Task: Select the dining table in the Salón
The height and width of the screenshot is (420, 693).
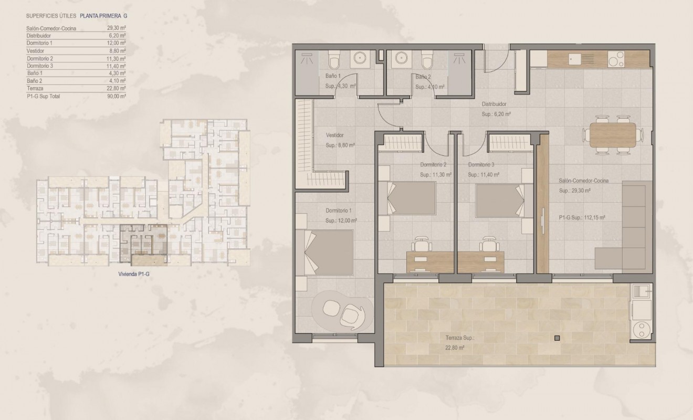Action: tap(613, 135)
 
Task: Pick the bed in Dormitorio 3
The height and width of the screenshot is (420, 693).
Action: tap(499, 200)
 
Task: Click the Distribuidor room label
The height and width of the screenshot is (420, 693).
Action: tap(494, 104)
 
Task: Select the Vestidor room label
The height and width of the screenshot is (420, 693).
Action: tap(334, 135)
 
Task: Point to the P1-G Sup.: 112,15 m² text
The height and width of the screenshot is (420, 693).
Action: tap(582, 217)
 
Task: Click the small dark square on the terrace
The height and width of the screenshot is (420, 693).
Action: tap(557, 338)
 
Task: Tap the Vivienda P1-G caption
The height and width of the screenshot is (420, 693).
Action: tap(135, 274)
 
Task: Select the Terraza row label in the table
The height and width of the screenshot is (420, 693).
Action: tap(35, 89)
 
